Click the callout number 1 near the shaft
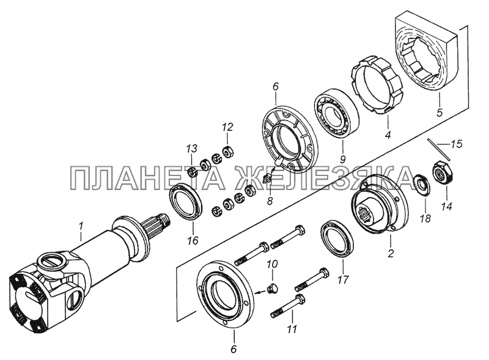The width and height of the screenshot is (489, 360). pos(81,226)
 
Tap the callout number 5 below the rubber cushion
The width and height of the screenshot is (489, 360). pos(439,112)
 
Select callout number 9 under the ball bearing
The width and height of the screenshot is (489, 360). pos(342,160)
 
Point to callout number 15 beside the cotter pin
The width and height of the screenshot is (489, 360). pos(456,145)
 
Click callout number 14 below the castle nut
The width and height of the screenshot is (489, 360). pos(447,207)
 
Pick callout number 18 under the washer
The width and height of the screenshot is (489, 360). pos(425,218)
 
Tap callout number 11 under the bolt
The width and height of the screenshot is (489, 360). pos(292,329)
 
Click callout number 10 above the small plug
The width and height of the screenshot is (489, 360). pos(271,265)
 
